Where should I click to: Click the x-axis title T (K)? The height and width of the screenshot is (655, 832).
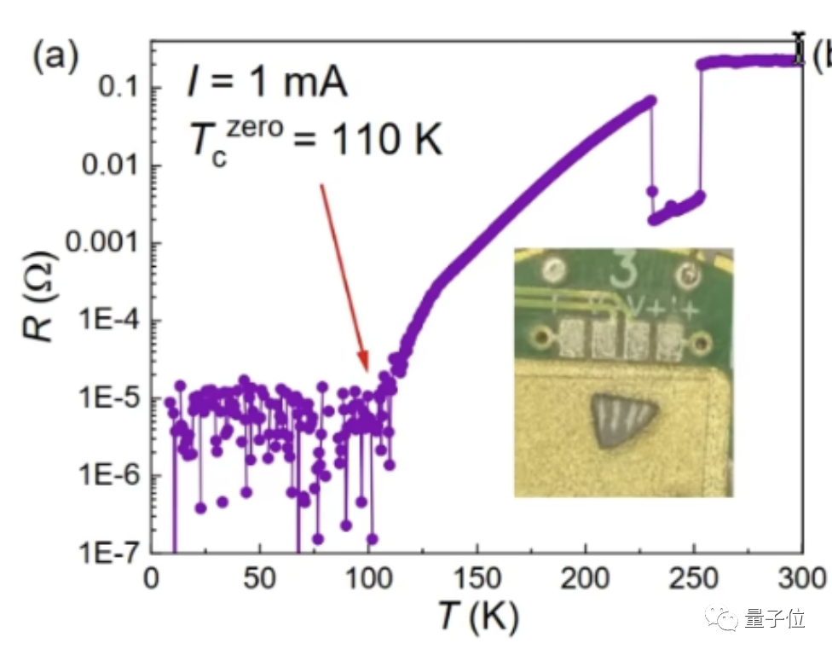tap(478, 615)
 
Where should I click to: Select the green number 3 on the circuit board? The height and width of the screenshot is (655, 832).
tap(625, 271)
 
